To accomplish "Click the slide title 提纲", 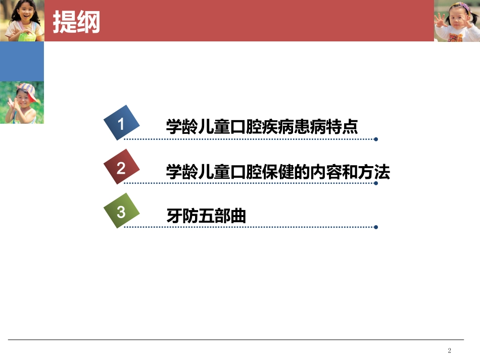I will [76, 22].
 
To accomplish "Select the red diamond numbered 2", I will [121, 168].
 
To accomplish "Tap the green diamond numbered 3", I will [121, 211].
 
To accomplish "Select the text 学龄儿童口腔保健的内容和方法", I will [278, 172].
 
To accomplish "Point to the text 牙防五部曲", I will [206, 216].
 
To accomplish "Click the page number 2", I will [450, 350].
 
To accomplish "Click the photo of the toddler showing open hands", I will [457, 21].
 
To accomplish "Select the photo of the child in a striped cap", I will [22, 102].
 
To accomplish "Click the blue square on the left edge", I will [22, 62].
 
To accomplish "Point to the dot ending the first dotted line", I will [375, 139].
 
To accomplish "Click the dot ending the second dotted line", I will [375, 183].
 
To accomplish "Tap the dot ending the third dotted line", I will [375, 227].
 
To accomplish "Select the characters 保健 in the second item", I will [278, 172].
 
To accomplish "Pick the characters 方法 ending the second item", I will [374, 172].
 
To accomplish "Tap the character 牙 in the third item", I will [174, 216].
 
